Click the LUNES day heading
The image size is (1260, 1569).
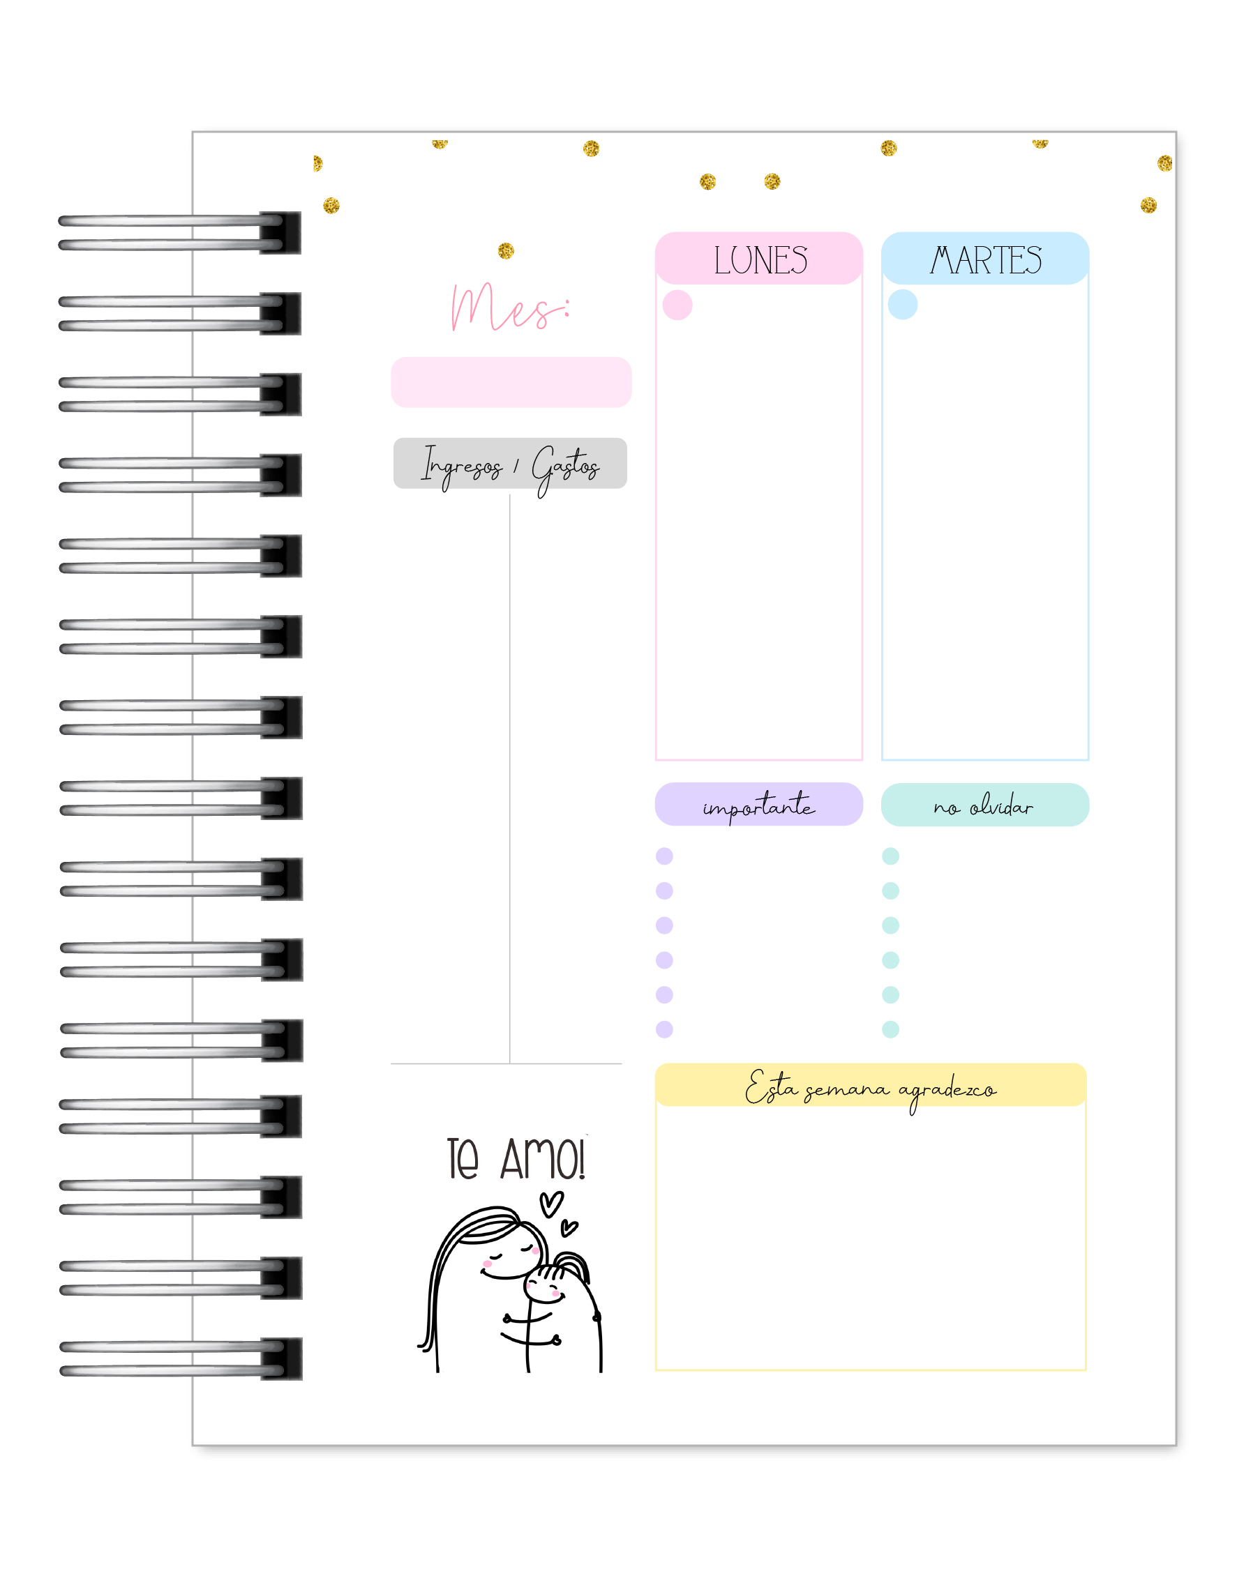click(760, 260)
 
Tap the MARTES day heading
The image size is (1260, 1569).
click(986, 260)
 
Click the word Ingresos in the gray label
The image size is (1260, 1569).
click(461, 466)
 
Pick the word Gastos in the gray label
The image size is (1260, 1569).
click(565, 467)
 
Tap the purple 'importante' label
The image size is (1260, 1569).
click(758, 805)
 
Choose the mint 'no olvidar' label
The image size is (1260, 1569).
click(984, 805)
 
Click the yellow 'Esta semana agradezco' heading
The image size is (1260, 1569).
click(871, 1088)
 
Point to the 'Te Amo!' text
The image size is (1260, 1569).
click(516, 1159)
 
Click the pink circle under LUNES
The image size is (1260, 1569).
click(677, 305)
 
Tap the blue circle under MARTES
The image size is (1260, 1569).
click(903, 305)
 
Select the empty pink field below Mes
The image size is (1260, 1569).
click(511, 382)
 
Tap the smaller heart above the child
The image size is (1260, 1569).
click(569, 1229)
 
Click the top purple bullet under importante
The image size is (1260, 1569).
click(665, 856)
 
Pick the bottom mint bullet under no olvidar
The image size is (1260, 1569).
click(890, 1029)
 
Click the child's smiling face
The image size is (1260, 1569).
click(543, 1287)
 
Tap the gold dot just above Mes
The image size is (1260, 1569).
click(506, 251)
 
